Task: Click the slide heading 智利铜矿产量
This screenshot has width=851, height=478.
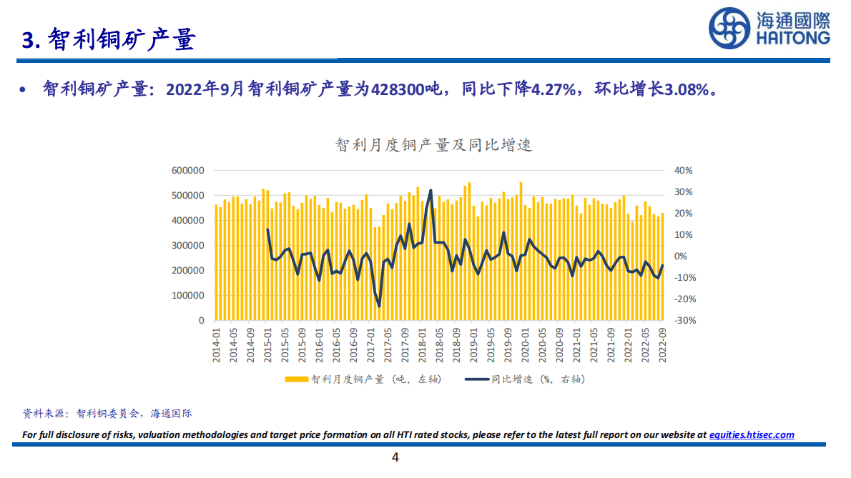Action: coord(122,40)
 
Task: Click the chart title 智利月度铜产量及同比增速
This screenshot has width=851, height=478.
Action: coord(434,145)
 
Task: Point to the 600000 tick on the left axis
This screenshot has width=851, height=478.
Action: coord(188,170)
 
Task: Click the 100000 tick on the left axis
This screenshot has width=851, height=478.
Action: coord(188,296)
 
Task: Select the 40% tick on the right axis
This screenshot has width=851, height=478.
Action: coord(684,170)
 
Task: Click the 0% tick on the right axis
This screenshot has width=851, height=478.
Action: coord(682,256)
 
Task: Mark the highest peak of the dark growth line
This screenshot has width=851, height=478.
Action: coord(431,190)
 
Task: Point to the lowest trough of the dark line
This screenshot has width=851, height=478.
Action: coord(379,307)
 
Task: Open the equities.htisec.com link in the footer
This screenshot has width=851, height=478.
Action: coord(752,434)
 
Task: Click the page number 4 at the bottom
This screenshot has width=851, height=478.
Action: coord(395,457)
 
